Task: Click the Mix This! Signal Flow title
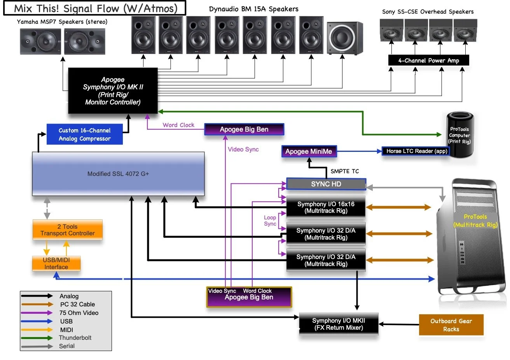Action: point(95,8)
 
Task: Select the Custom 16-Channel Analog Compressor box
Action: point(85,134)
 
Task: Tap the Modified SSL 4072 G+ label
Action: point(118,174)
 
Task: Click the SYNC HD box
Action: point(326,184)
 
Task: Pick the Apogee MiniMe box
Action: point(309,151)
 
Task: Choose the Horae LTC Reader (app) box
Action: point(417,151)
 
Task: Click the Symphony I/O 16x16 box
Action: point(326,207)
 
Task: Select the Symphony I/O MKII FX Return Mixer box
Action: point(339,324)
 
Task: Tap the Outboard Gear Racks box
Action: point(451,325)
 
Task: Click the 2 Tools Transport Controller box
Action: point(68,230)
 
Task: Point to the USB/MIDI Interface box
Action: point(56,263)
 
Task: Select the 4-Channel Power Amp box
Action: point(428,61)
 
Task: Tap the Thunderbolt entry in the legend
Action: point(75,338)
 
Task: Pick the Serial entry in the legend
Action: point(67,346)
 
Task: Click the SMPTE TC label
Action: point(345,171)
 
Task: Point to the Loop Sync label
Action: point(270,221)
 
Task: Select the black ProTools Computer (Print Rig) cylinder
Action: point(460,134)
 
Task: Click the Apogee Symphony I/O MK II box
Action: point(113,91)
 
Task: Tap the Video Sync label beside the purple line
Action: point(243,150)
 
